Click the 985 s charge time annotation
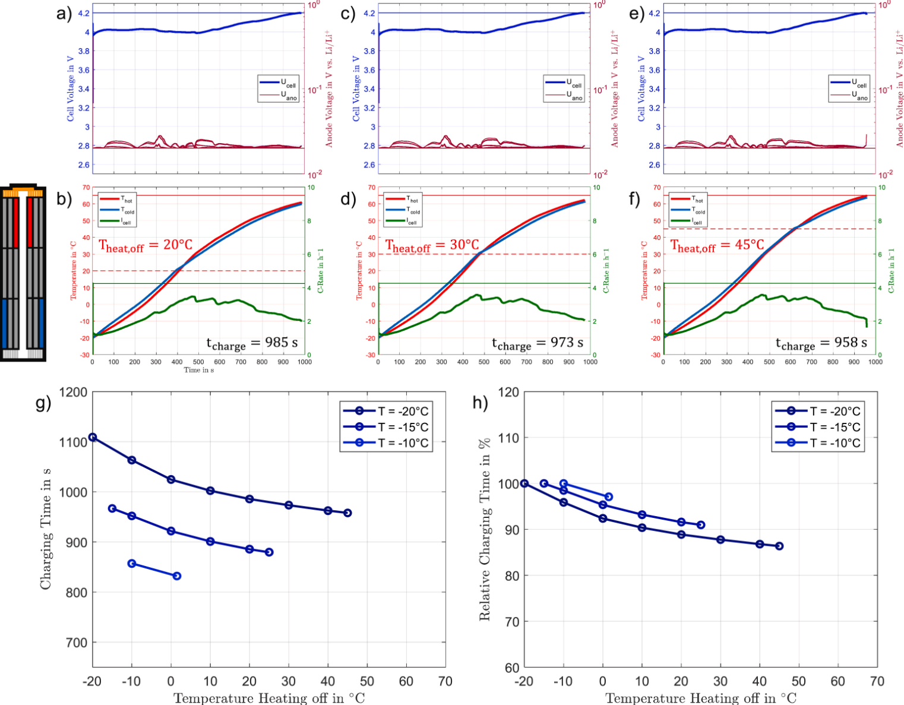point(252,343)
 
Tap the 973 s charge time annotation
point(538,343)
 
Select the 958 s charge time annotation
point(821,343)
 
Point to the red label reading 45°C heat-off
point(717,245)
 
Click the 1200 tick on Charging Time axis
point(73,392)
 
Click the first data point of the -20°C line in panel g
point(93,437)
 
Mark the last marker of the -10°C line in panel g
point(176,576)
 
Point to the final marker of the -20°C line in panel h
point(779,546)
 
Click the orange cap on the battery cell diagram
point(23,191)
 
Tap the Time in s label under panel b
point(198,370)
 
